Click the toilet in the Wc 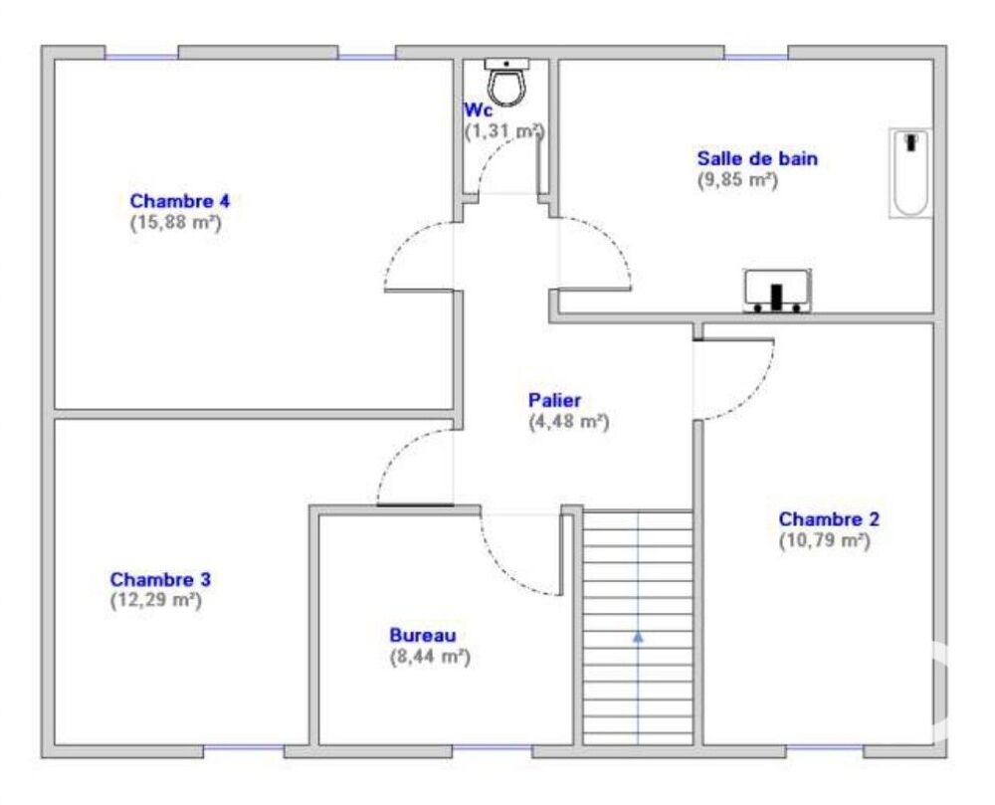pyautogui.click(x=507, y=82)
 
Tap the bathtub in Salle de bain pyautogui.click(x=910, y=173)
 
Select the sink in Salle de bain pyautogui.click(x=777, y=292)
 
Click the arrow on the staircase pyautogui.click(x=638, y=636)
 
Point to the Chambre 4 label pyautogui.click(x=179, y=201)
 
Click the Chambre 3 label pyautogui.click(x=160, y=579)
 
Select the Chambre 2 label pyautogui.click(x=829, y=518)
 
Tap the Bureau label pyautogui.click(x=423, y=635)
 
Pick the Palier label pyautogui.click(x=554, y=400)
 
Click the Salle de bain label pyautogui.click(x=757, y=158)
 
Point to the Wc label pyautogui.click(x=478, y=110)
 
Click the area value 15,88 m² pyautogui.click(x=176, y=223)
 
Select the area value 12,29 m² pyautogui.click(x=156, y=600)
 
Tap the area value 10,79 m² pyautogui.click(x=824, y=540)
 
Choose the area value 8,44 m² pyautogui.click(x=430, y=657)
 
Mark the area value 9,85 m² pyautogui.click(x=738, y=179)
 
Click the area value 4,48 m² pyautogui.click(x=569, y=422)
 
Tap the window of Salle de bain pyautogui.click(x=756, y=57)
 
